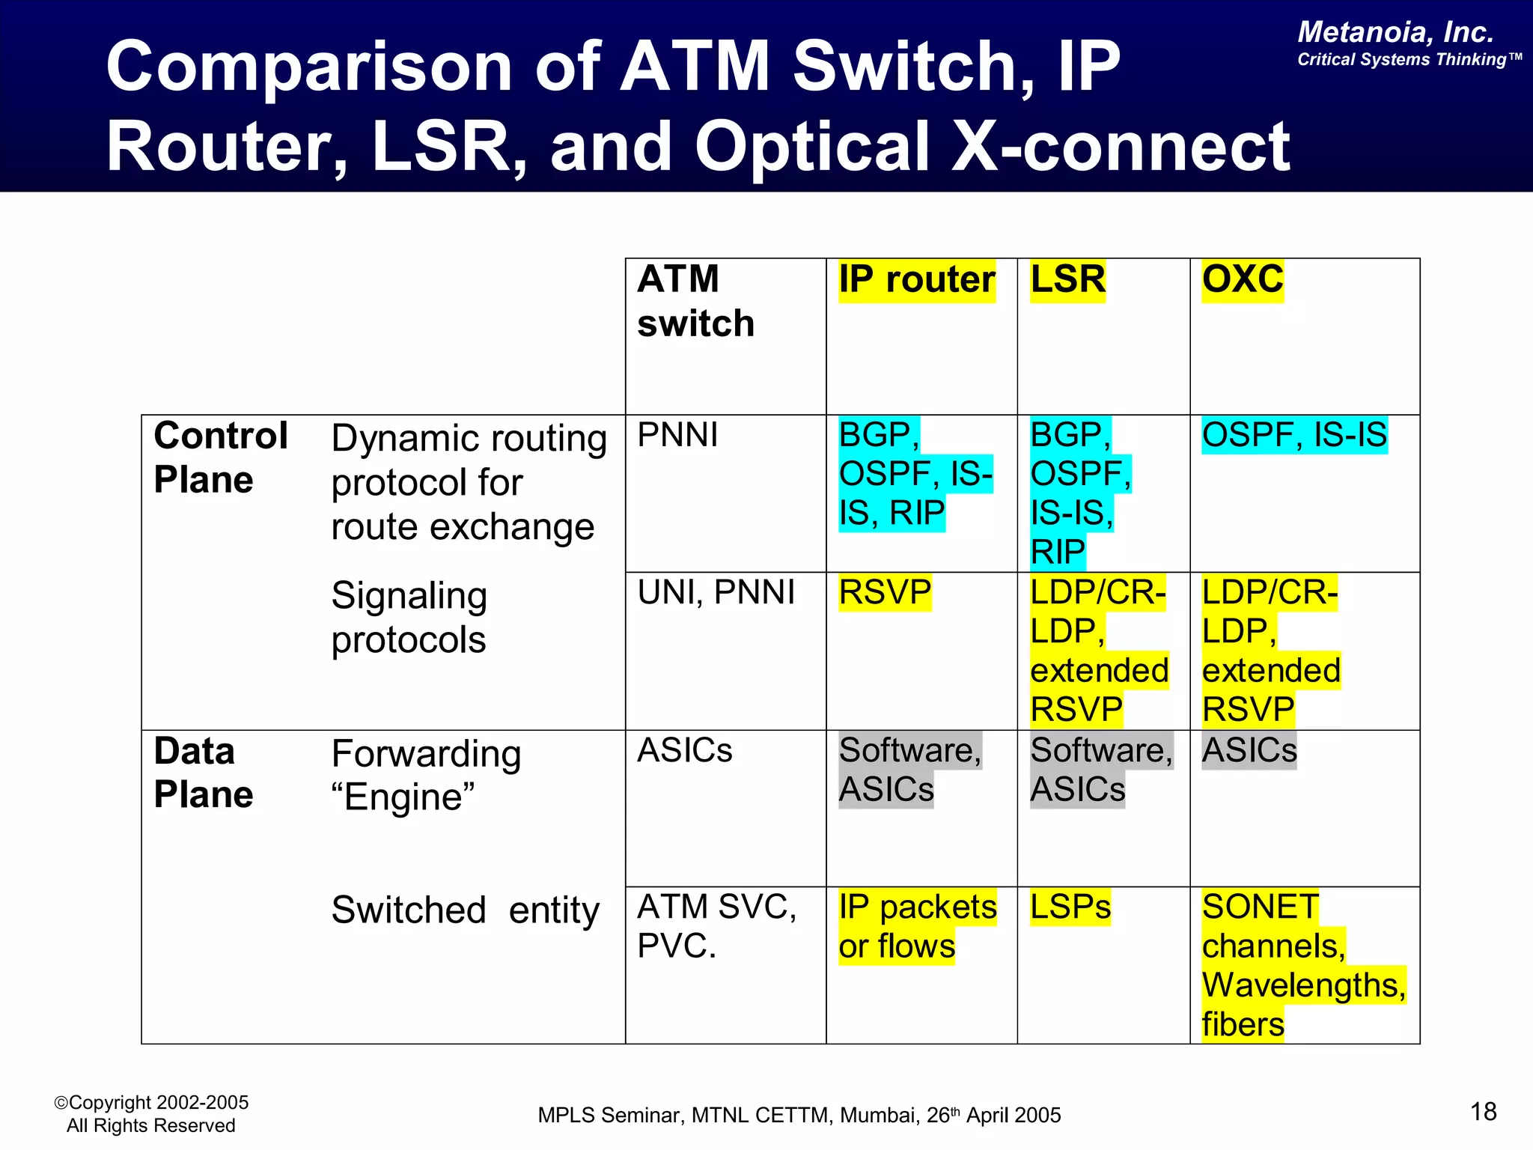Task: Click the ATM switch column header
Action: [x=695, y=301]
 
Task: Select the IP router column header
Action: [x=916, y=280]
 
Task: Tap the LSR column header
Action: [x=1067, y=280]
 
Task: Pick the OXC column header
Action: [x=1242, y=280]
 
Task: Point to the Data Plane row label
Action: [x=203, y=772]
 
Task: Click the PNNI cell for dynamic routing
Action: [x=677, y=435]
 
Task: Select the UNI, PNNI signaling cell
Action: [x=716, y=592]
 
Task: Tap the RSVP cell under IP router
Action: [x=884, y=592]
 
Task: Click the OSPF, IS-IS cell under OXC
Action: [x=1293, y=435]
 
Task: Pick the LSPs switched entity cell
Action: [x=1070, y=907]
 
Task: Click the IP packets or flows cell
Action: [x=916, y=926]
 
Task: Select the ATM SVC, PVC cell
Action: [x=716, y=926]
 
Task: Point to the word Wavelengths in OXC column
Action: [x=1302, y=985]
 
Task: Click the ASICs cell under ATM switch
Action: [x=684, y=750]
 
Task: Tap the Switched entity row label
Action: [x=465, y=910]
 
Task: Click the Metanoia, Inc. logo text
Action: [x=1395, y=32]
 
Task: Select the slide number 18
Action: [x=1483, y=1112]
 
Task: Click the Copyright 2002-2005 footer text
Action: [x=151, y=1103]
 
